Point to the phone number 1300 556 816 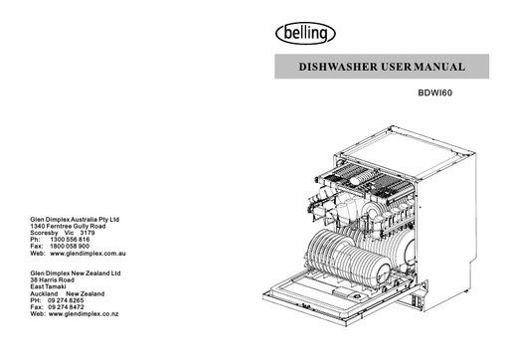click(x=70, y=240)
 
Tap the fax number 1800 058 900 click(x=70, y=247)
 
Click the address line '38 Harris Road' click(x=53, y=279)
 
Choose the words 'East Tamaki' click(x=50, y=286)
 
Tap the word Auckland click(x=48, y=293)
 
